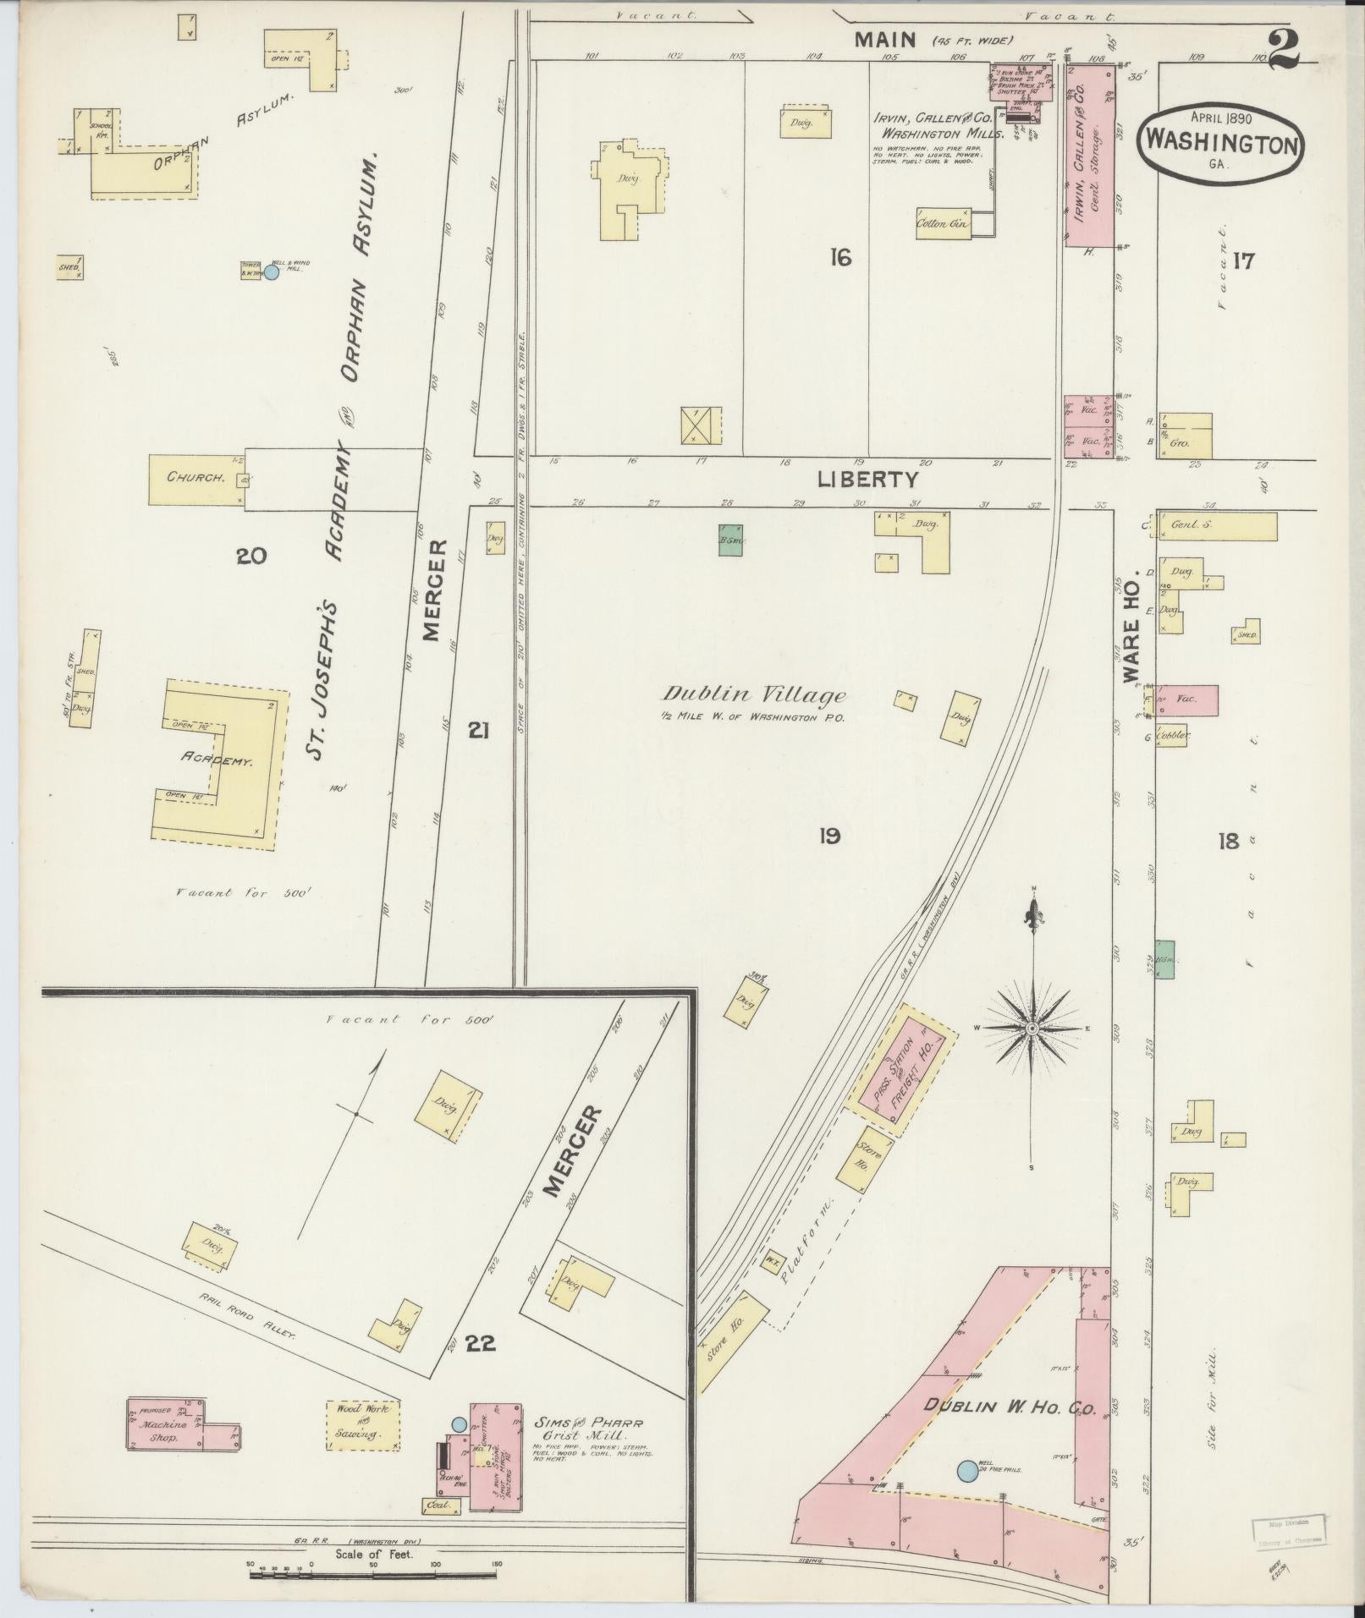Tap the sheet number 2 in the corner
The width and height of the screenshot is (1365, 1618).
coord(1285,49)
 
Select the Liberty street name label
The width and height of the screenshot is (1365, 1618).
coord(867,480)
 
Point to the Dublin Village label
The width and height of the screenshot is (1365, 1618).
coord(753,696)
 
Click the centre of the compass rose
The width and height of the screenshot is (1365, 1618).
coord(1032,1028)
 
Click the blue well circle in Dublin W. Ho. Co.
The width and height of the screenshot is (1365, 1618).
coord(966,1471)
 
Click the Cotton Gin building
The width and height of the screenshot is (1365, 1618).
coord(944,225)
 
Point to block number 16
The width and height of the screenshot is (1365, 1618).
coord(839,258)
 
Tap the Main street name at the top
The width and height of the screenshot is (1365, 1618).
coord(885,39)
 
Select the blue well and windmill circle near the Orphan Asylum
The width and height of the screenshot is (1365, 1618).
coord(272,272)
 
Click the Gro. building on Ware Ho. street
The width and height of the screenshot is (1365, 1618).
coord(1185,436)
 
